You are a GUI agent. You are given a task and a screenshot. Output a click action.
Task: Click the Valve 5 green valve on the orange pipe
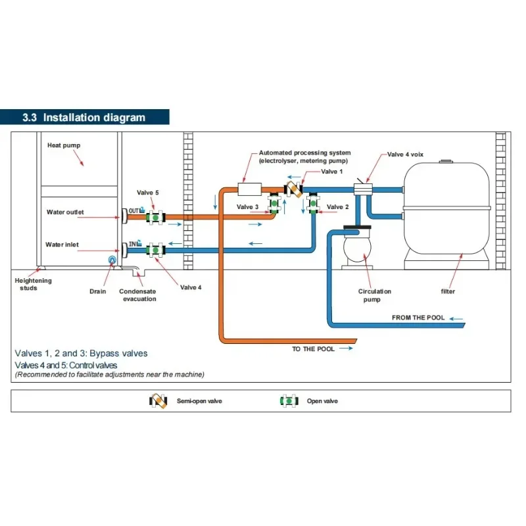click(155, 218)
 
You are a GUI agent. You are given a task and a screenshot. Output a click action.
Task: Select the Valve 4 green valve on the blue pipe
click(155, 251)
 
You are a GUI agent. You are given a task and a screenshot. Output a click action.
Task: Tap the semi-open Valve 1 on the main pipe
click(293, 189)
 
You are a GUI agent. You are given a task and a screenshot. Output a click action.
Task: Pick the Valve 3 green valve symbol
click(274, 203)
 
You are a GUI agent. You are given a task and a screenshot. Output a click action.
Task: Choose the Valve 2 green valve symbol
click(314, 203)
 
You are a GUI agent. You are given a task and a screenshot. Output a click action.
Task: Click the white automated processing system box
click(250, 189)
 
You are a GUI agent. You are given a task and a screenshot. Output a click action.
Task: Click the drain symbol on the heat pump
click(112, 259)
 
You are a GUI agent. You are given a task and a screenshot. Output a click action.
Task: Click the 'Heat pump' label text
click(64, 145)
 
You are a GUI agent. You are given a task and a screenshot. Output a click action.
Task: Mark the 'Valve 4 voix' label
click(405, 155)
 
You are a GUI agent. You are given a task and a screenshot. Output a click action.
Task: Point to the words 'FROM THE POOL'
click(418, 318)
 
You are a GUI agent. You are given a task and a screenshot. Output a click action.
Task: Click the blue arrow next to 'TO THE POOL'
click(346, 348)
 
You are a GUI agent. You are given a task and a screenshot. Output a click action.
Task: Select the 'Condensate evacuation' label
click(138, 295)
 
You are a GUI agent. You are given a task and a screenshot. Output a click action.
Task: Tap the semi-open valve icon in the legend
click(158, 401)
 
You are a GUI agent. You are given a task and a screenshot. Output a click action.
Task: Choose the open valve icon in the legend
click(289, 401)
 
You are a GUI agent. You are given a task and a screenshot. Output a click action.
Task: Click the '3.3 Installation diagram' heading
click(84, 118)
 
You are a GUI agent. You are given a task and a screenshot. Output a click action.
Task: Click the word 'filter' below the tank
click(448, 291)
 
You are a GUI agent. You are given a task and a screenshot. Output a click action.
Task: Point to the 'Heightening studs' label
click(33, 284)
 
